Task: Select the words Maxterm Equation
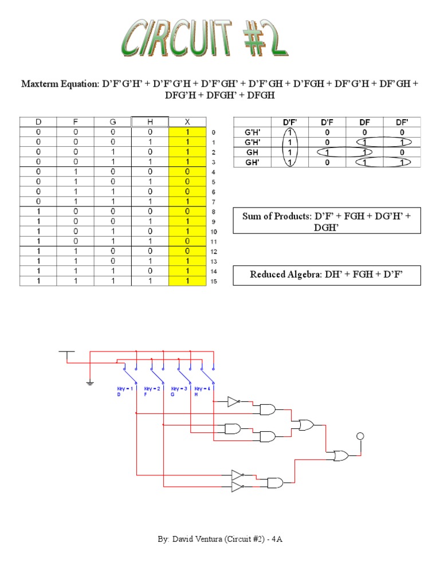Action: [x=60, y=84]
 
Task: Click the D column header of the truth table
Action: [x=38, y=122]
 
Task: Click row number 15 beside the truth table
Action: [x=214, y=281]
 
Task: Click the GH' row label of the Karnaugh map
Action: [x=252, y=162]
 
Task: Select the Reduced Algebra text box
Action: [x=327, y=275]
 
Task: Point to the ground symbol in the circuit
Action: [x=90, y=382]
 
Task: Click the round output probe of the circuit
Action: [x=360, y=436]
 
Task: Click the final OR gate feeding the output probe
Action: [x=343, y=456]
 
